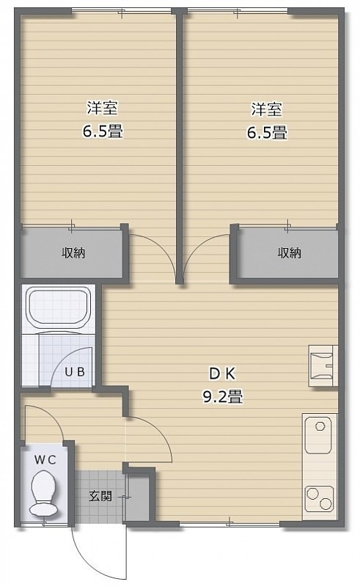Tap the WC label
click(x=45, y=460)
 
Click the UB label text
click(x=75, y=372)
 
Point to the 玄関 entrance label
click(x=100, y=496)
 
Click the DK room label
click(x=222, y=373)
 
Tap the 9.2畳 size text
click(x=223, y=396)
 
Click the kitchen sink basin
click(x=318, y=435)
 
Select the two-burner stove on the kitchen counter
click(x=319, y=499)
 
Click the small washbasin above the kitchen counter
click(x=323, y=365)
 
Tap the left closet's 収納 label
click(x=73, y=253)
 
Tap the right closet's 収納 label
click(x=290, y=253)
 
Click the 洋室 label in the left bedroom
click(x=102, y=109)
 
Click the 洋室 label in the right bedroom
click(x=266, y=109)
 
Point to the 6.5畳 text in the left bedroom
click(x=103, y=132)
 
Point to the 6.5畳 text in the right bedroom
click(x=266, y=132)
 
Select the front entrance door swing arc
click(x=86, y=561)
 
